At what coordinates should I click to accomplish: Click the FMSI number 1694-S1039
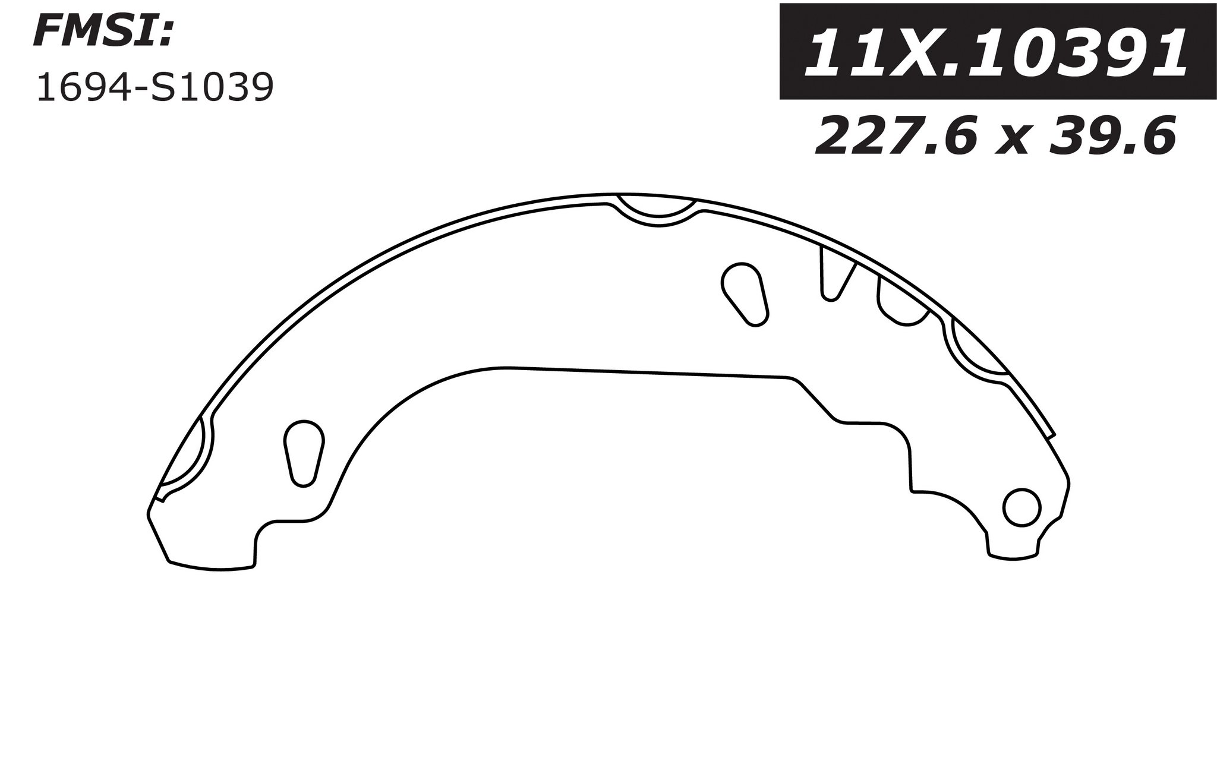tap(155, 88)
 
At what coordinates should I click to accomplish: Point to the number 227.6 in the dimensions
tap(897, 137)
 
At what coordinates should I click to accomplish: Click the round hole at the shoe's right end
tap(1021, 507)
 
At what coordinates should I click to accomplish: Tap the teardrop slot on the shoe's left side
tap(304, 453)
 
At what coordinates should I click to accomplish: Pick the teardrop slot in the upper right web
tap(745, 293)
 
